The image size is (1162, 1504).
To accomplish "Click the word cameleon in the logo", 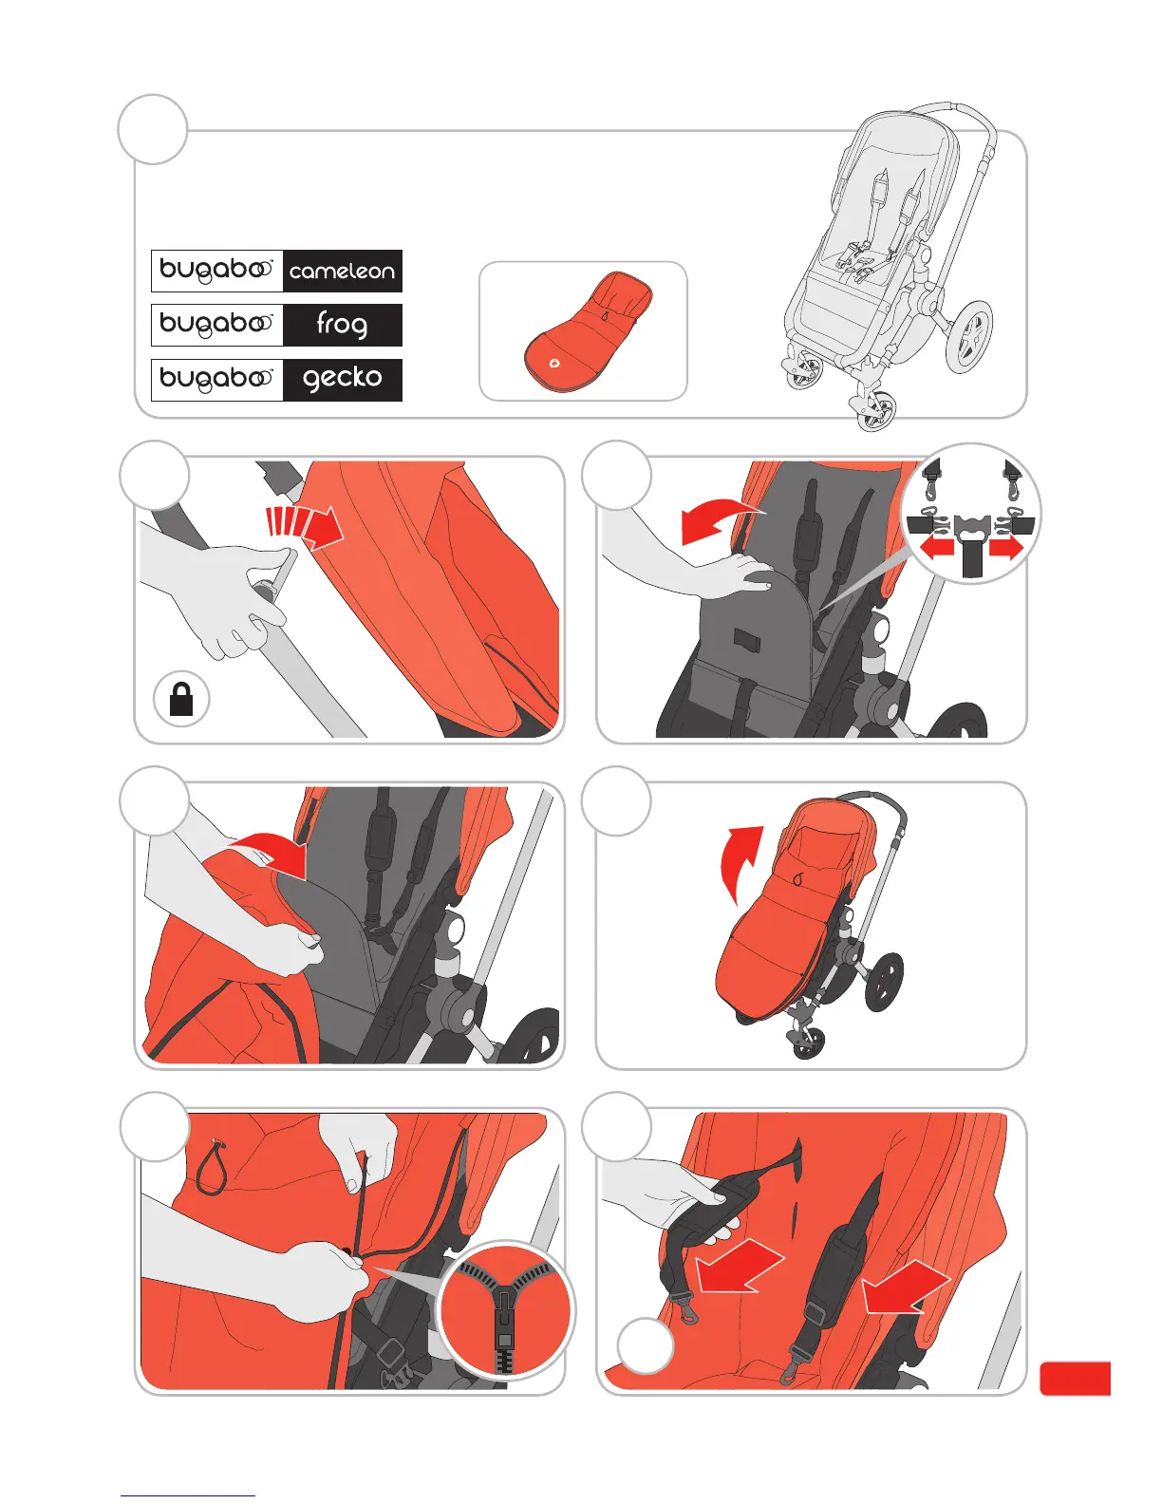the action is (342, 272).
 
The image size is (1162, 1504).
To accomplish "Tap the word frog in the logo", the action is (342, 325).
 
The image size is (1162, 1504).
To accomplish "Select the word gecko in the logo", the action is (342, 378).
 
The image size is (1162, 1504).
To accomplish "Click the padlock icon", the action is (181, 700).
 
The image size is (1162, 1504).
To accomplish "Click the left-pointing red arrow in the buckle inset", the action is (935, 549).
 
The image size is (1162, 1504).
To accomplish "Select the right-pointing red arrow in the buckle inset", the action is (1006, 548).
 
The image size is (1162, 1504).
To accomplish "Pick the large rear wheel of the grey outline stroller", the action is (967, 336).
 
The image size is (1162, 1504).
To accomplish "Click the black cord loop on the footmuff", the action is (210, 1169).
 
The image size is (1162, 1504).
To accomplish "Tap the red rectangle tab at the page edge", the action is (1075, 1378).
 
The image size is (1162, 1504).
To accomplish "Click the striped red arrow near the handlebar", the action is (304, 525).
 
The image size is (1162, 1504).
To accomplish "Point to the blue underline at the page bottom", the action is (188, 1495).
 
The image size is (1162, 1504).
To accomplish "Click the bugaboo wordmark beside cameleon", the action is (216, 272).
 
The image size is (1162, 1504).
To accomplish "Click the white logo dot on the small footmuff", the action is (554, 363).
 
